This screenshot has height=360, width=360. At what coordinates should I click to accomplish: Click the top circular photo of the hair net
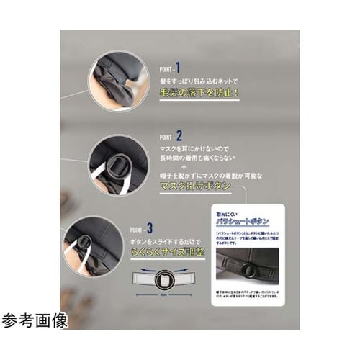(x=118, y=80)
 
